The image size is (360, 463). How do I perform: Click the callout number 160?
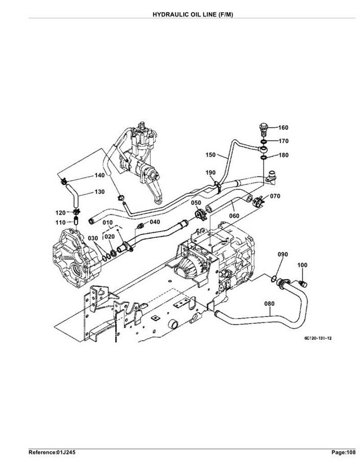(x=283, y=127)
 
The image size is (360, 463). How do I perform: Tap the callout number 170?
(x=283, y=141)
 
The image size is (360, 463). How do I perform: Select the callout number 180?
(x=283, y=155)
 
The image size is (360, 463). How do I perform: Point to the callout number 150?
(x=211, y=155)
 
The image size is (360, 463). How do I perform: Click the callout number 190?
(x=211, y=172)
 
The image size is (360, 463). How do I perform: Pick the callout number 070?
(x=275, y=196)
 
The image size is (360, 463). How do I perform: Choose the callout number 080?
(x=269, y=304)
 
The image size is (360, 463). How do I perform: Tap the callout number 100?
(x=302, y=265)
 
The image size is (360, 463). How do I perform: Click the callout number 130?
(x=100, y=191)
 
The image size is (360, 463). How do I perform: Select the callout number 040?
(x=155, y=222)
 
